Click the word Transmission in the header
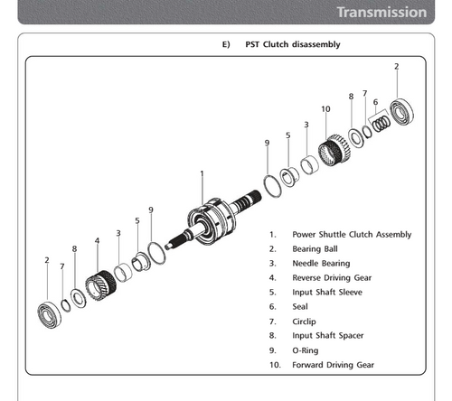(x=381, y=13)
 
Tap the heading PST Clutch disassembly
(x=293, y=44)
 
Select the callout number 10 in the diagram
(x=325, y=109)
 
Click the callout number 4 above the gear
(x=97, y=241)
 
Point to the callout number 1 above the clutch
(x=202, y=173)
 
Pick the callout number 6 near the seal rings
(x=375, y=102)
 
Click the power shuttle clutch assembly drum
(x=212, y=221)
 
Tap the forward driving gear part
(x=334, y=150)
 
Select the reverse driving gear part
(x=100, y=285)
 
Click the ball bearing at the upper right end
(x=401, y=111)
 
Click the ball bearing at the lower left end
(x=49, y=314)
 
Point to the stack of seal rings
(x=381, y=123)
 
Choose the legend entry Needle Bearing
(x=321, y=264)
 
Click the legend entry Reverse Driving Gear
(x=332, y=278)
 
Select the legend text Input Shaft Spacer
(x=328, y=336)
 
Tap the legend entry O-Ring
(x=306, y=350)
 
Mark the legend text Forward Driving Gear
(x=333, y=365)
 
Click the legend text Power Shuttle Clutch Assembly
(x=352, y=235)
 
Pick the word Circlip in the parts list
(x=304, y=322)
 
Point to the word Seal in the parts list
(x=300, y=307)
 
